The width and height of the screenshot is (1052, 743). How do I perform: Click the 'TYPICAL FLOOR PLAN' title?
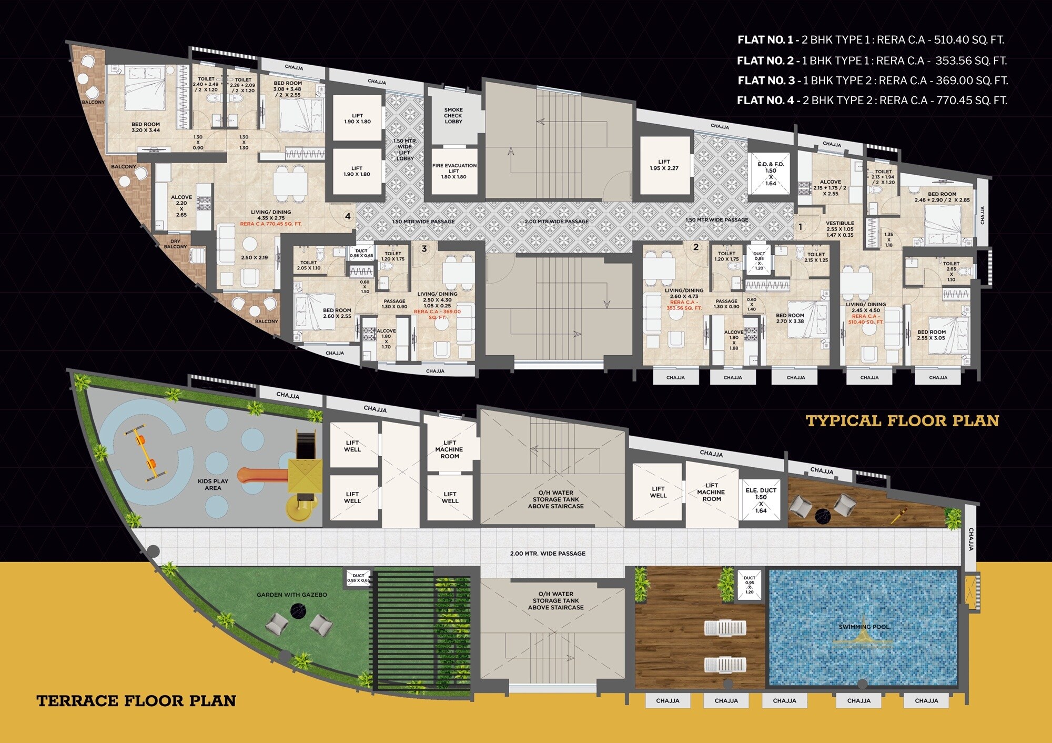tap(902, 421)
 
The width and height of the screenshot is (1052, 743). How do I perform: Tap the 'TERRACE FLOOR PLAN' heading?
tap(136, 701)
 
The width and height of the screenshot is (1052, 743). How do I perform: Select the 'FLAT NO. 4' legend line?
tap(872, 101)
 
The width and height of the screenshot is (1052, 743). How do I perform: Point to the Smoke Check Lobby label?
tap(453, 116)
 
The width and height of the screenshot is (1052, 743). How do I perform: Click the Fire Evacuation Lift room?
tap(454, 172)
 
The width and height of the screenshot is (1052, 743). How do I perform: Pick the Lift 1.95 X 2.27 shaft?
tap(664, 165)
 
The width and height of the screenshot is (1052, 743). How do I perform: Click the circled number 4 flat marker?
tap(348, 216)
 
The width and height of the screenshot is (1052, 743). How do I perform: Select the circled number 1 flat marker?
tap(800, 227)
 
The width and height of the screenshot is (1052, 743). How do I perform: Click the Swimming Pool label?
tap(864, 627)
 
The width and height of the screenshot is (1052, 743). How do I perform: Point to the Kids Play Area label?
tap(213, 485)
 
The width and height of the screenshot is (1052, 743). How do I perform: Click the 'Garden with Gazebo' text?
tap(292, 595)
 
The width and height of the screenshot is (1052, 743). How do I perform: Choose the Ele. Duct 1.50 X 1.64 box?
tap(761, 500)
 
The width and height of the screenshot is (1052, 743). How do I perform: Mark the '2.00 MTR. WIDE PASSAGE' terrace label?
tap(548, 554)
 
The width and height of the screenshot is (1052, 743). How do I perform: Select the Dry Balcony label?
tap(175, 244)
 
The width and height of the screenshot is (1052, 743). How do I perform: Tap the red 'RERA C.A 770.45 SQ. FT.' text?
tap(271, 224)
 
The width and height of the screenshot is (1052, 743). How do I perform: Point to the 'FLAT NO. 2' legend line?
tap(872, 61)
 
